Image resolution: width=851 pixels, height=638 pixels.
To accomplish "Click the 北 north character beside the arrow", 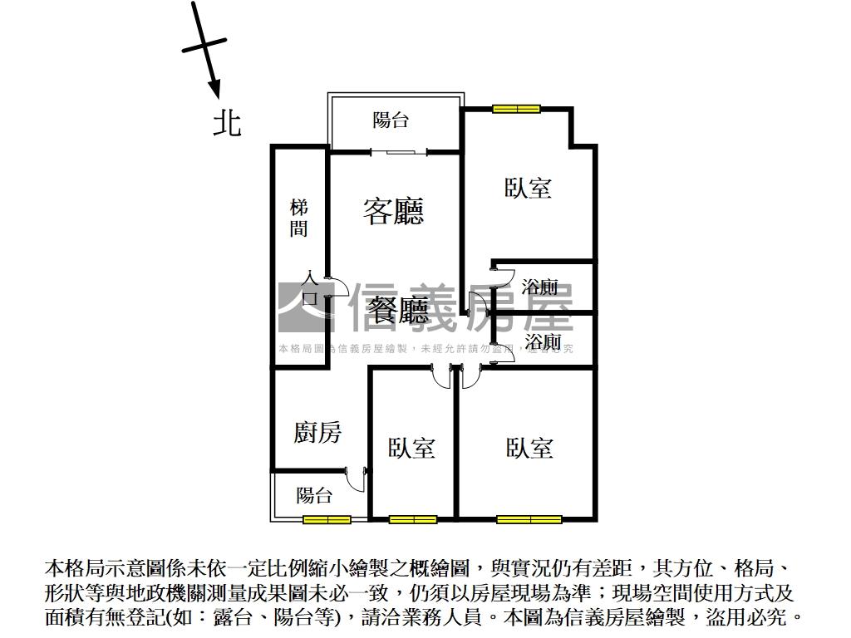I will point(227,123).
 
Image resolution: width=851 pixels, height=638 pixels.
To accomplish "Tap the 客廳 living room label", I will point(393,211).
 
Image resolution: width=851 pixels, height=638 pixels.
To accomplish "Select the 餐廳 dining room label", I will point(400,311).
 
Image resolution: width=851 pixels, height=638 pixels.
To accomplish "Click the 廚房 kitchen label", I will point(317,432).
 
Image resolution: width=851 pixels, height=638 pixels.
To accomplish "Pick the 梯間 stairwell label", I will point(298,218).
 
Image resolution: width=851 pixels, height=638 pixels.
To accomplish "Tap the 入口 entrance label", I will point(310,287).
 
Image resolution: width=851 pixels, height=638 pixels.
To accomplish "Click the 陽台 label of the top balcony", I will point(391,120).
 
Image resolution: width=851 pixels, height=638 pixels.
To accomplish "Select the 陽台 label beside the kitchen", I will point(315,496).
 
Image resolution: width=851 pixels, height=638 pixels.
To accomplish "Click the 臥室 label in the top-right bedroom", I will point(529,188).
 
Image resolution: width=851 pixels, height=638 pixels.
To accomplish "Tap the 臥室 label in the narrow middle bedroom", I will point(412,449).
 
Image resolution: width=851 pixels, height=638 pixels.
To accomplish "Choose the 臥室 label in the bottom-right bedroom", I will point(529,449).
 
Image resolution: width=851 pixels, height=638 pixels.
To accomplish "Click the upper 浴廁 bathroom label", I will point(540,288).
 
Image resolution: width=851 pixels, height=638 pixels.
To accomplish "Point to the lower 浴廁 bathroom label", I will point(543,341).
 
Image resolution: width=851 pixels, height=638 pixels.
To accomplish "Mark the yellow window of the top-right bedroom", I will point(516,108).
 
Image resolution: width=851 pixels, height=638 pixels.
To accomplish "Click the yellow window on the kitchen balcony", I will point(327,520).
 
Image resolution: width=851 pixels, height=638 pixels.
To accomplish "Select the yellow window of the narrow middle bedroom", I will point(413,520).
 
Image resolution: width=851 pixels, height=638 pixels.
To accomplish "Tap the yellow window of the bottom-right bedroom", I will point(529,520).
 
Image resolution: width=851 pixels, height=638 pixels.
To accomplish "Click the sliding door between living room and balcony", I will point(398,151).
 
